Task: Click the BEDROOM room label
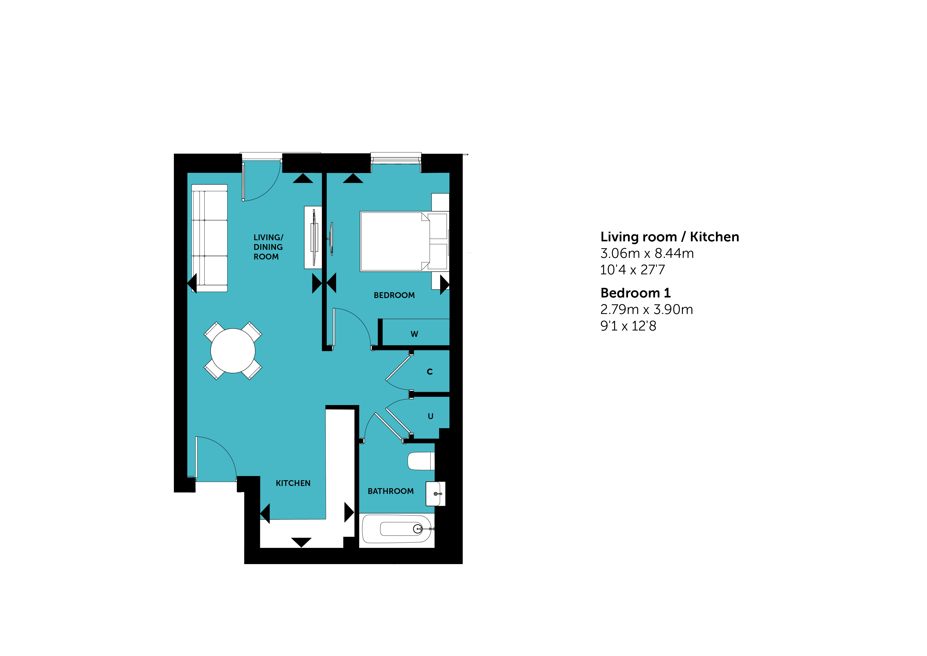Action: [394, 295]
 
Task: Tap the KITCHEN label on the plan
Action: [293, 483]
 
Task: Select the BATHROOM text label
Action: [390, 491]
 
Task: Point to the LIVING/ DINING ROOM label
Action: [268, 247]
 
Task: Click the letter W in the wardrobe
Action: [414, 334]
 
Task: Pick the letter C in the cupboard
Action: [430, 372]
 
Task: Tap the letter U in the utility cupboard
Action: [430, 416]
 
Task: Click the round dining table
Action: [233, 351]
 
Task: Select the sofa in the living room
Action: [209, 238]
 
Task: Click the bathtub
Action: [397, 529]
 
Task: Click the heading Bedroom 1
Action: [635, 293]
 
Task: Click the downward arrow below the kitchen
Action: [301, 542]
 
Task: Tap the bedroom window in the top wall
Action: [396, 158]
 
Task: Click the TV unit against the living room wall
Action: [313, 237]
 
